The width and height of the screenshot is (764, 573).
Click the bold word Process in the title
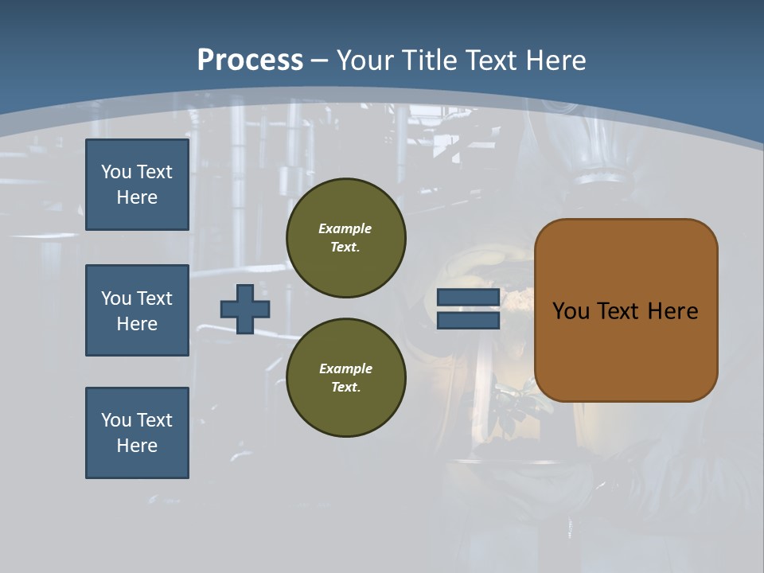250,60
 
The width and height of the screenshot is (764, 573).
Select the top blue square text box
137,185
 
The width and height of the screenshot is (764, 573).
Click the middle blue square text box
137,310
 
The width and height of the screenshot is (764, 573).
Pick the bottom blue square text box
137,433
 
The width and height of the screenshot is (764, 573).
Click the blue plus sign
245,309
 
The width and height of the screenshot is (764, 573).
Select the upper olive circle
346,237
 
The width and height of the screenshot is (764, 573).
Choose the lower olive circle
346,377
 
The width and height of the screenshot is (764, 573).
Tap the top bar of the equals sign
468,297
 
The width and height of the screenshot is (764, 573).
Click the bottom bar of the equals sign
468,320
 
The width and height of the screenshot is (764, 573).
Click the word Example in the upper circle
345,228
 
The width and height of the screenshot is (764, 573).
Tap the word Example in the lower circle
345,368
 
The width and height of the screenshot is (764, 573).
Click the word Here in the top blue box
137,197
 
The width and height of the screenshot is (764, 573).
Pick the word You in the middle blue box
115,298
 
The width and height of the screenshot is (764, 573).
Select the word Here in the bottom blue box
137,446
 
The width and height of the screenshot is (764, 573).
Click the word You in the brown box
570,311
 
